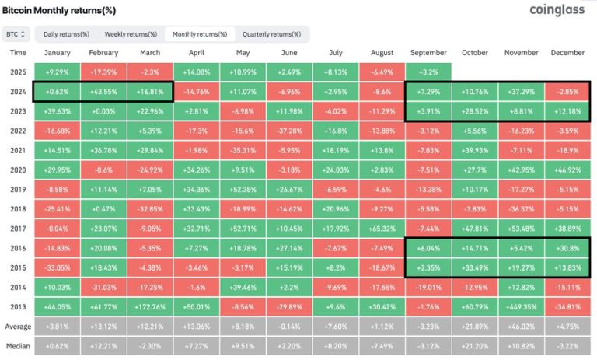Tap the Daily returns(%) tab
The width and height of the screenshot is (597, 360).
(66, 34)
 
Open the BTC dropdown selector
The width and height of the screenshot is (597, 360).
(16, 34)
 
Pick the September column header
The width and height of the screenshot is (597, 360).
(428, 52)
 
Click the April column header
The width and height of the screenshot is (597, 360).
(196, 52)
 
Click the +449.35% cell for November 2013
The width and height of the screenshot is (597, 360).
(521, 306)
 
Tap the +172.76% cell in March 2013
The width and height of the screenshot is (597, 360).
(149, 306)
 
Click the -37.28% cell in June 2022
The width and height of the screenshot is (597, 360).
(289, 130)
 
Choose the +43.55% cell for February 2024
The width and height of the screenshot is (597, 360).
(103, 91)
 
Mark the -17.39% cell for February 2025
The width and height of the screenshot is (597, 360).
(103, 72)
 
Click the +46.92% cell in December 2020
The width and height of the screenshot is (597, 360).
(567, 170)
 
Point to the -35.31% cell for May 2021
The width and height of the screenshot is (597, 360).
(243, 150)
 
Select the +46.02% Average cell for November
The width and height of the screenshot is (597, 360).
(521, 327)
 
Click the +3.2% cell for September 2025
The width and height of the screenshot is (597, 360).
(428, 72)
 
